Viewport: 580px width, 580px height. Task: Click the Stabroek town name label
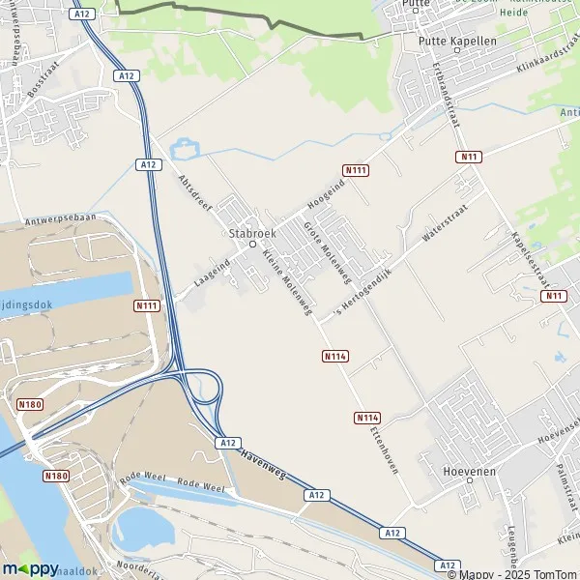(252, 233)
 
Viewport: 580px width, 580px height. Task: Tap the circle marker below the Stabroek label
(252, 245)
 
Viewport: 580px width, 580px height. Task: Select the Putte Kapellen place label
(457, 42)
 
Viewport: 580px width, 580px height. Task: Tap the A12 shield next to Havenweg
(227, 442)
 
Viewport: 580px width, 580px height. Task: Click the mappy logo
(30, 568)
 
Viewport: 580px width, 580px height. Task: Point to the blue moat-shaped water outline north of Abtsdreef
(184, 149)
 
